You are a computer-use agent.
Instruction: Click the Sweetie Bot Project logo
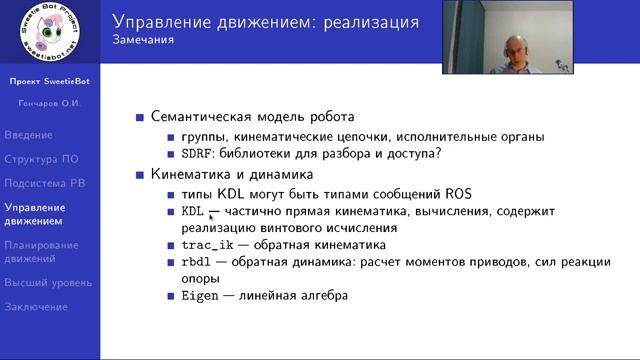coord(49,35)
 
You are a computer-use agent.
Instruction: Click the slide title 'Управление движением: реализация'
coord(265,21)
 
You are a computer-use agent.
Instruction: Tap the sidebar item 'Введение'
coord(28,134)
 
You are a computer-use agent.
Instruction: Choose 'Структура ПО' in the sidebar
coord(42,159)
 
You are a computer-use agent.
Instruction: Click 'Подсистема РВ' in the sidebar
coord(44,183)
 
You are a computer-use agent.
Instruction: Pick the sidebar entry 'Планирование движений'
coord(41,251)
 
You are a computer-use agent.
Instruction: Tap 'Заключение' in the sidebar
coord(36,307)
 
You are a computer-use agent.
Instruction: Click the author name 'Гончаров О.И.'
coord(50,103)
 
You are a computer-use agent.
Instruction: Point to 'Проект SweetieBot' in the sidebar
coord(50,80)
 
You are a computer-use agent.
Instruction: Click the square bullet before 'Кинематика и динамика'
coord(139,175)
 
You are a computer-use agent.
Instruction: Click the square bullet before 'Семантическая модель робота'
coord(139,117)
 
